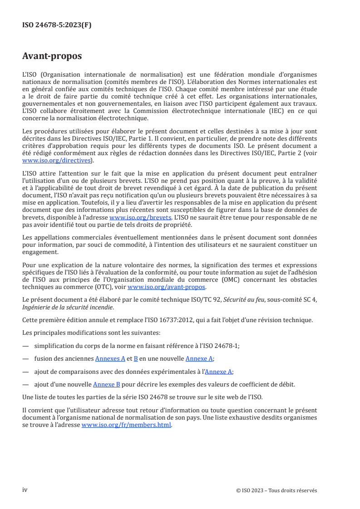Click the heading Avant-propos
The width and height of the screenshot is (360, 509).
point(52,56)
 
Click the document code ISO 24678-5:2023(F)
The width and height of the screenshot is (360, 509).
point(57,25)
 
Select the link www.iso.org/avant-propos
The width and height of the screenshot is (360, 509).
point(167,287)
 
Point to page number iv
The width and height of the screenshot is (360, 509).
point(25,490)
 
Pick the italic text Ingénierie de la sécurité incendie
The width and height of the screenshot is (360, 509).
point(68,307)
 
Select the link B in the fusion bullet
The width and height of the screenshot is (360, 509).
point(135,358)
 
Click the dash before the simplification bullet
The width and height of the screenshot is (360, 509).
point(25,346)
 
